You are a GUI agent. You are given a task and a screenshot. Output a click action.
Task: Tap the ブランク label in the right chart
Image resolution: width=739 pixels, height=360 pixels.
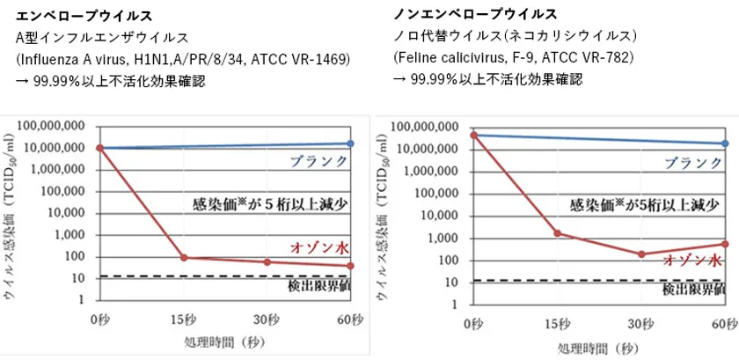[x=693, y=163]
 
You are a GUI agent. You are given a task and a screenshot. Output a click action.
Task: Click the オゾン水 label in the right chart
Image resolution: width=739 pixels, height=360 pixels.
[x=692, y=260]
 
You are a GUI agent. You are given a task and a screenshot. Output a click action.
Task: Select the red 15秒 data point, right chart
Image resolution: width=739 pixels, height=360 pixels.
[x=558, y=233]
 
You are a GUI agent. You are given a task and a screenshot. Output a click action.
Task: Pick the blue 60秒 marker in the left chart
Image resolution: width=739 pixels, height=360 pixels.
[x=351, y=143]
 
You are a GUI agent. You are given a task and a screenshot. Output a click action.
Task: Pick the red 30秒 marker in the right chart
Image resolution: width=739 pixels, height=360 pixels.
[x=641, y=254]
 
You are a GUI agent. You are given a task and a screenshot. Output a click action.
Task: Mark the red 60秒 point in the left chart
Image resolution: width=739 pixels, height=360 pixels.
[x=351, y=266]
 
